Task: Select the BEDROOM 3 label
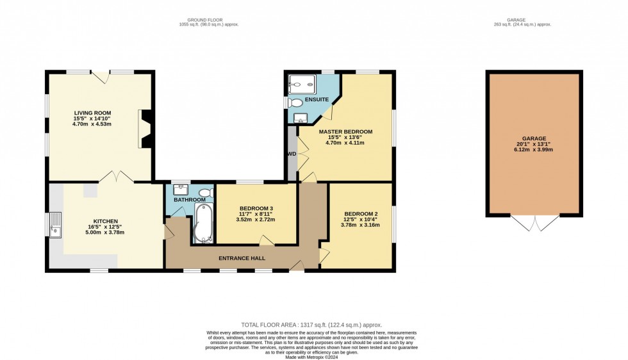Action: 256,209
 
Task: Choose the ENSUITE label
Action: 317,100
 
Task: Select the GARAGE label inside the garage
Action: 533,138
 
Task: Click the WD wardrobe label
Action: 292,154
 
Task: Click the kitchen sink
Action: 55,225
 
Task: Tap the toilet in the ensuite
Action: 295,102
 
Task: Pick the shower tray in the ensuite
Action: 299,84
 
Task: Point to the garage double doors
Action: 533,222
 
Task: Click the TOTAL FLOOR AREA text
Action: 315,325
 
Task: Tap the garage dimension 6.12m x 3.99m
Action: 533,150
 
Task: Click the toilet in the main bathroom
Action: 205,192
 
